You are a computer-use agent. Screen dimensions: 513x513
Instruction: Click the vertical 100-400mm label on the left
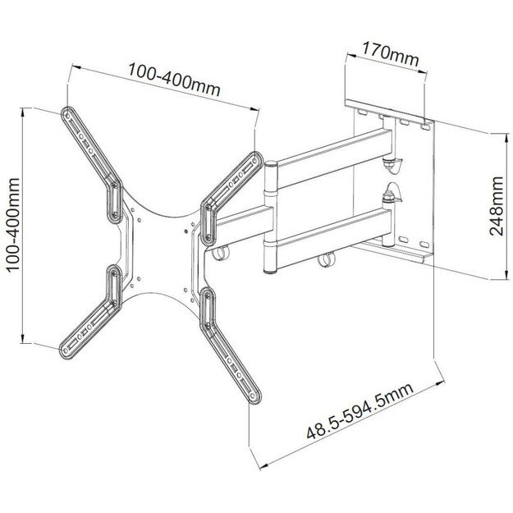pos(12,222)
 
